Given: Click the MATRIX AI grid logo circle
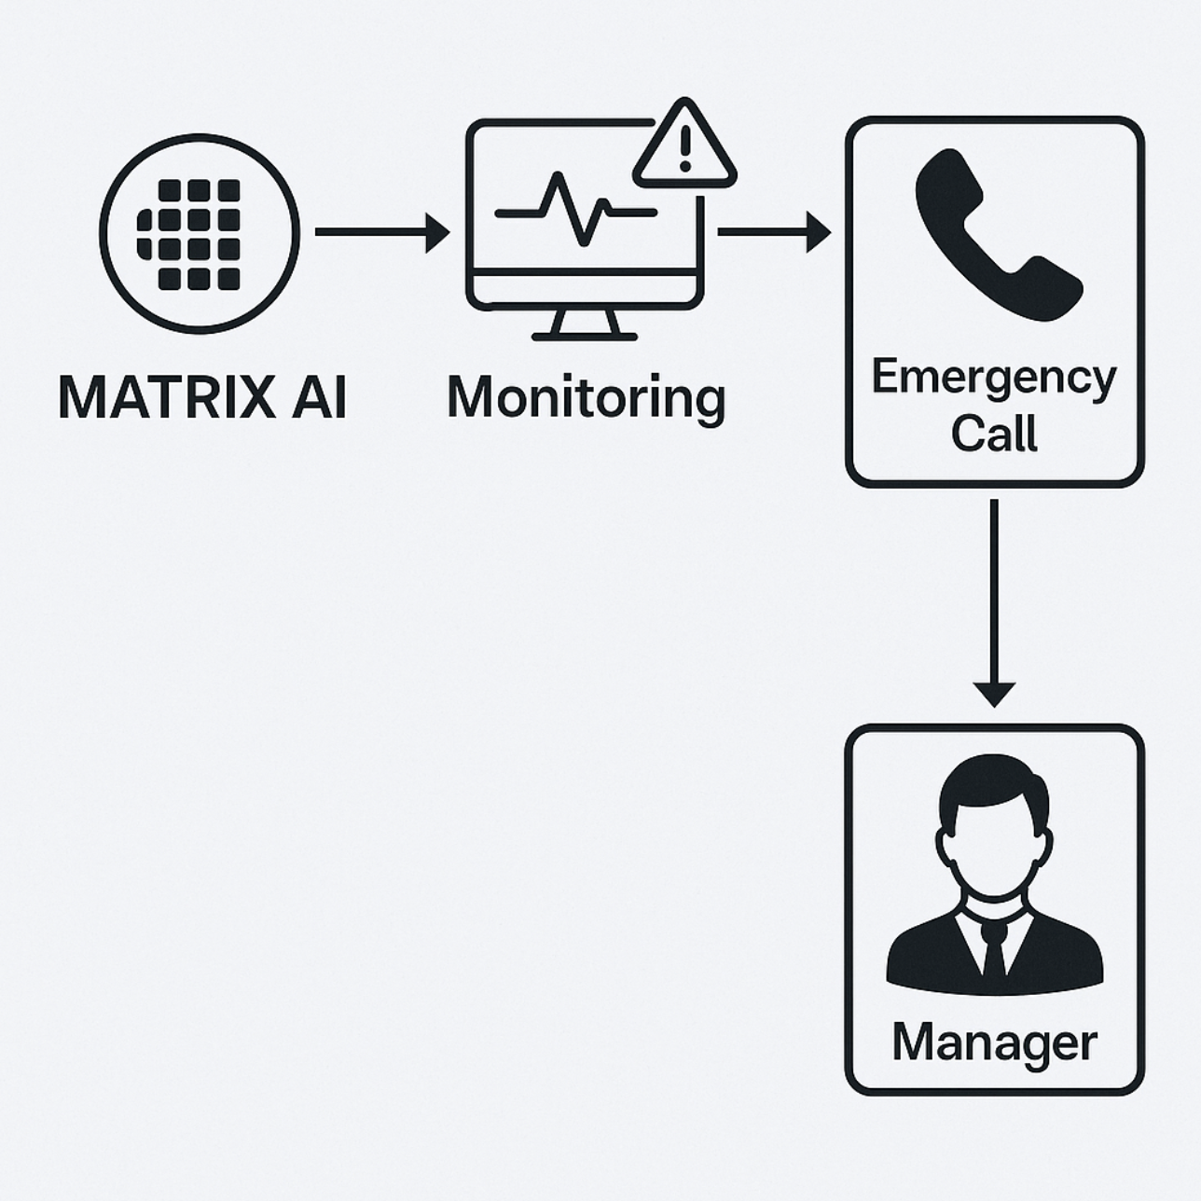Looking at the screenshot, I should coord(199,233).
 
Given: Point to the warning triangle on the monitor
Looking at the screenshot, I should coord(684,149).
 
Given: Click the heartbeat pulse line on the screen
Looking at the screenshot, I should coord(574,211).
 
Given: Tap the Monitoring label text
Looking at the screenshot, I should coord(586,397).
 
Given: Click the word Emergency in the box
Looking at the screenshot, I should coord(994,378).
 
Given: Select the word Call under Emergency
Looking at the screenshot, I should coord(994,434).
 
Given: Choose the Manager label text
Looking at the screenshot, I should coord(994,1042).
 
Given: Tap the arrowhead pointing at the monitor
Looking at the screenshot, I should coord(437,232).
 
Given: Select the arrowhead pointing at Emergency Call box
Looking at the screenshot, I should coord(818,232).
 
